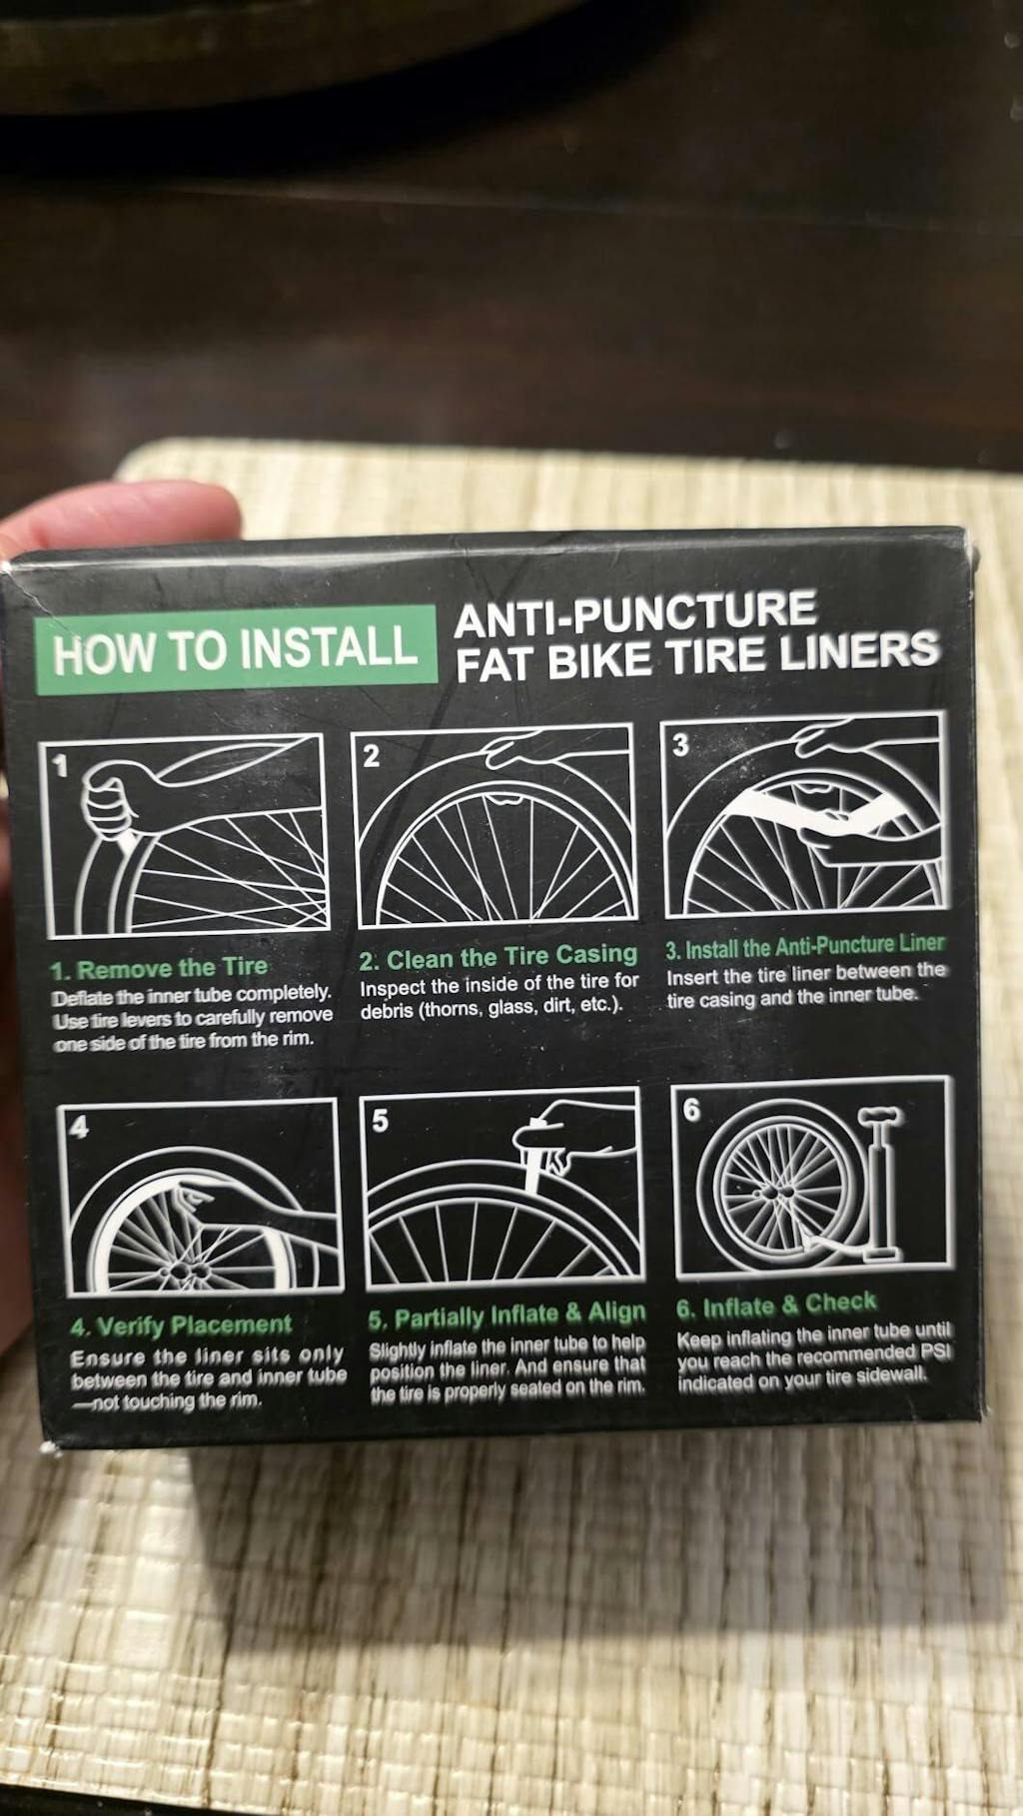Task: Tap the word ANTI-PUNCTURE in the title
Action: point(635,612)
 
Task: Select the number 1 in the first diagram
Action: point(59,767)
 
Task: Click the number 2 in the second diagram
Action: point(371,757)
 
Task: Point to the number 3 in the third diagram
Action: point(680,745)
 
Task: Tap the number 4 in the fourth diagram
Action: point(79,1128)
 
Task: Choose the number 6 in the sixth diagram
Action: point(691,1111)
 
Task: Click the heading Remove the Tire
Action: point(171,968)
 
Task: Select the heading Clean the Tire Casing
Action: point(511,957)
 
